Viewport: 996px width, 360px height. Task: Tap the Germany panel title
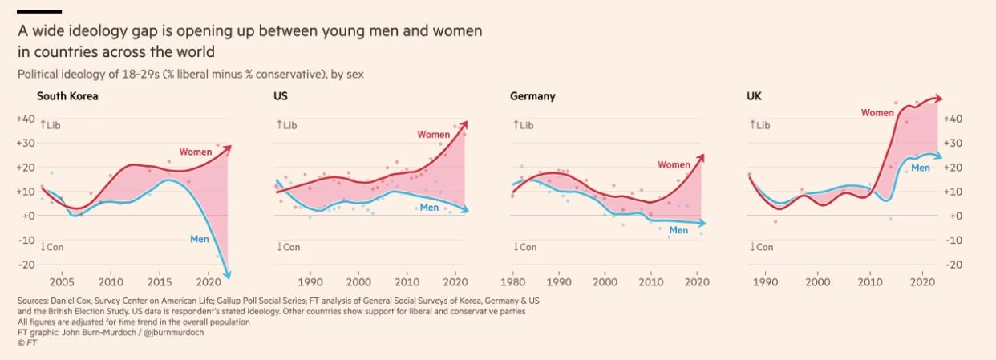coord(532,96)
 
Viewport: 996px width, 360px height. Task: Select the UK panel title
coord(754,96)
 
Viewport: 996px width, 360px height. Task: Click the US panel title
coord(281,96)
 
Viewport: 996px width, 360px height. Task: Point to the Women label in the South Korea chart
coord(196,152)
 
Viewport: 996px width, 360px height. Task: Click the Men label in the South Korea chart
coord(199,238)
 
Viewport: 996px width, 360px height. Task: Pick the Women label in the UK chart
coord(877,113)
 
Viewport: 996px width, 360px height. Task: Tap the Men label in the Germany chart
coord(678,231)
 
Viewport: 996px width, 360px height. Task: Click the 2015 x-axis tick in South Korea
coord(160,281)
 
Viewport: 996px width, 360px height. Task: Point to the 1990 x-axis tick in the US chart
coord(310,281)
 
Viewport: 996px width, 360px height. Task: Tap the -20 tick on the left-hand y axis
coord(26,265)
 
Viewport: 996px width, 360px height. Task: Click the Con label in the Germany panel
coord(525,247)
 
